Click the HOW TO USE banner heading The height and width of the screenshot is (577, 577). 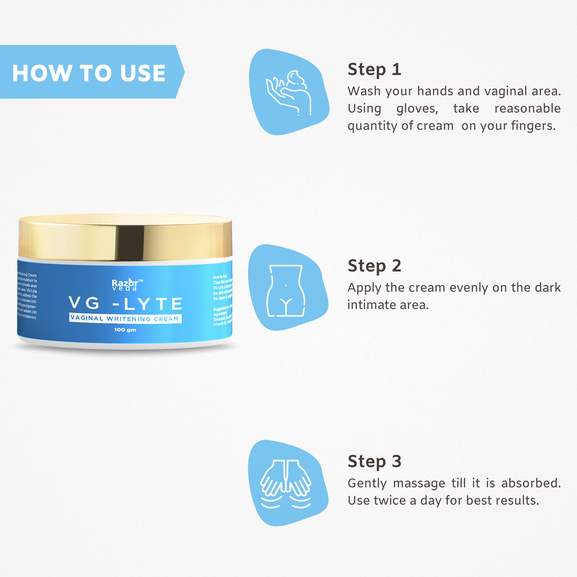(89, 73)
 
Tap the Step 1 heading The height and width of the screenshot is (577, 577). (374, 70)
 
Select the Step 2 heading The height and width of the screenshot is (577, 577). (374, 265)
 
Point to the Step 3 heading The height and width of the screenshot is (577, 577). (374, 461)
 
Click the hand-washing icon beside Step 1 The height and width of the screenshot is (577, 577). (288, 93)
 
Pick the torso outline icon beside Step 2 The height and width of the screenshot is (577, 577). (286, 290)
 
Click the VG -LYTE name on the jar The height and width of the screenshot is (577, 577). (125, 304)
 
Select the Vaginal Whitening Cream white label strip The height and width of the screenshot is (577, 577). (125, 319)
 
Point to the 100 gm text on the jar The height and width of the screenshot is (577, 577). (125, 330)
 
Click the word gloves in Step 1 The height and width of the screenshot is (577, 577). (417, 109)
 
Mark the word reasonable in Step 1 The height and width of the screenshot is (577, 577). (527, 108)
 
